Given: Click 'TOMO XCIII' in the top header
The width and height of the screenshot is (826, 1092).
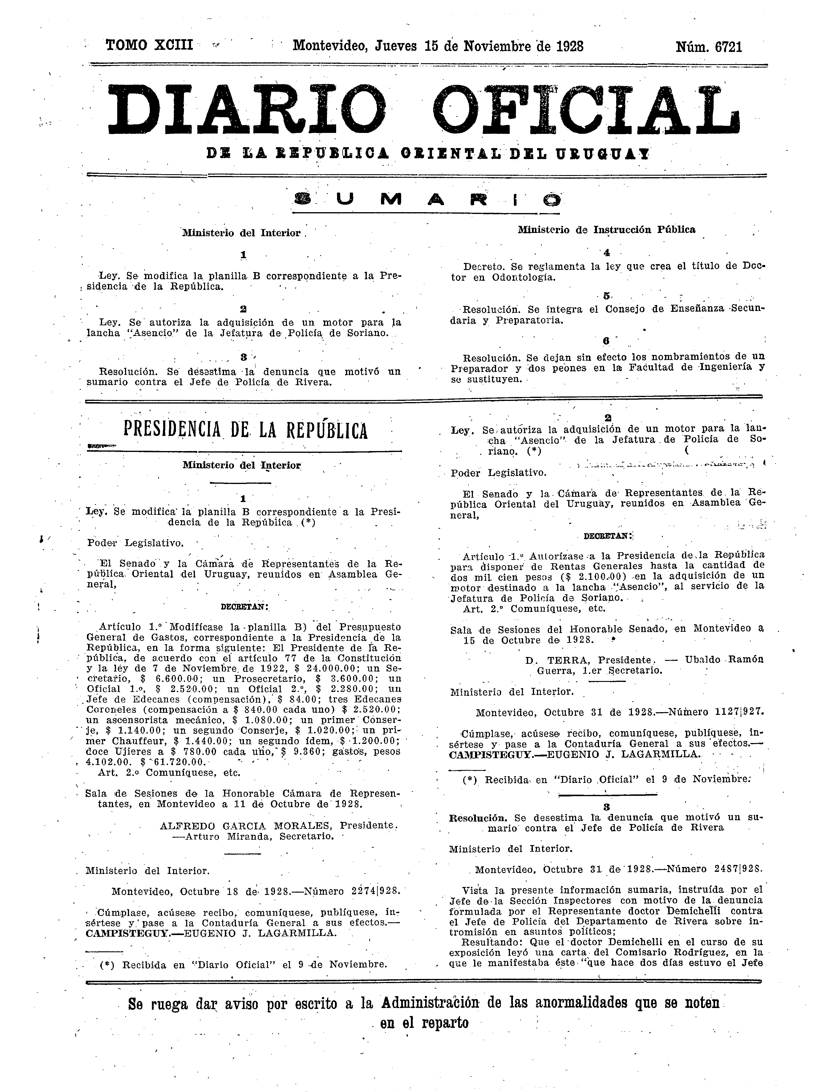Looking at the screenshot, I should [x=149, y=46].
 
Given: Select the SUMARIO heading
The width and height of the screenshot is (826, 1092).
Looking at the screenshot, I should [x=426, y=200].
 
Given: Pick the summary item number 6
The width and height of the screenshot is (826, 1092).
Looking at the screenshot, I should [x=606, y=341].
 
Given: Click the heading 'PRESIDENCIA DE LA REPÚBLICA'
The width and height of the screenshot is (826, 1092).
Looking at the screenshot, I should [x=245, y=430].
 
